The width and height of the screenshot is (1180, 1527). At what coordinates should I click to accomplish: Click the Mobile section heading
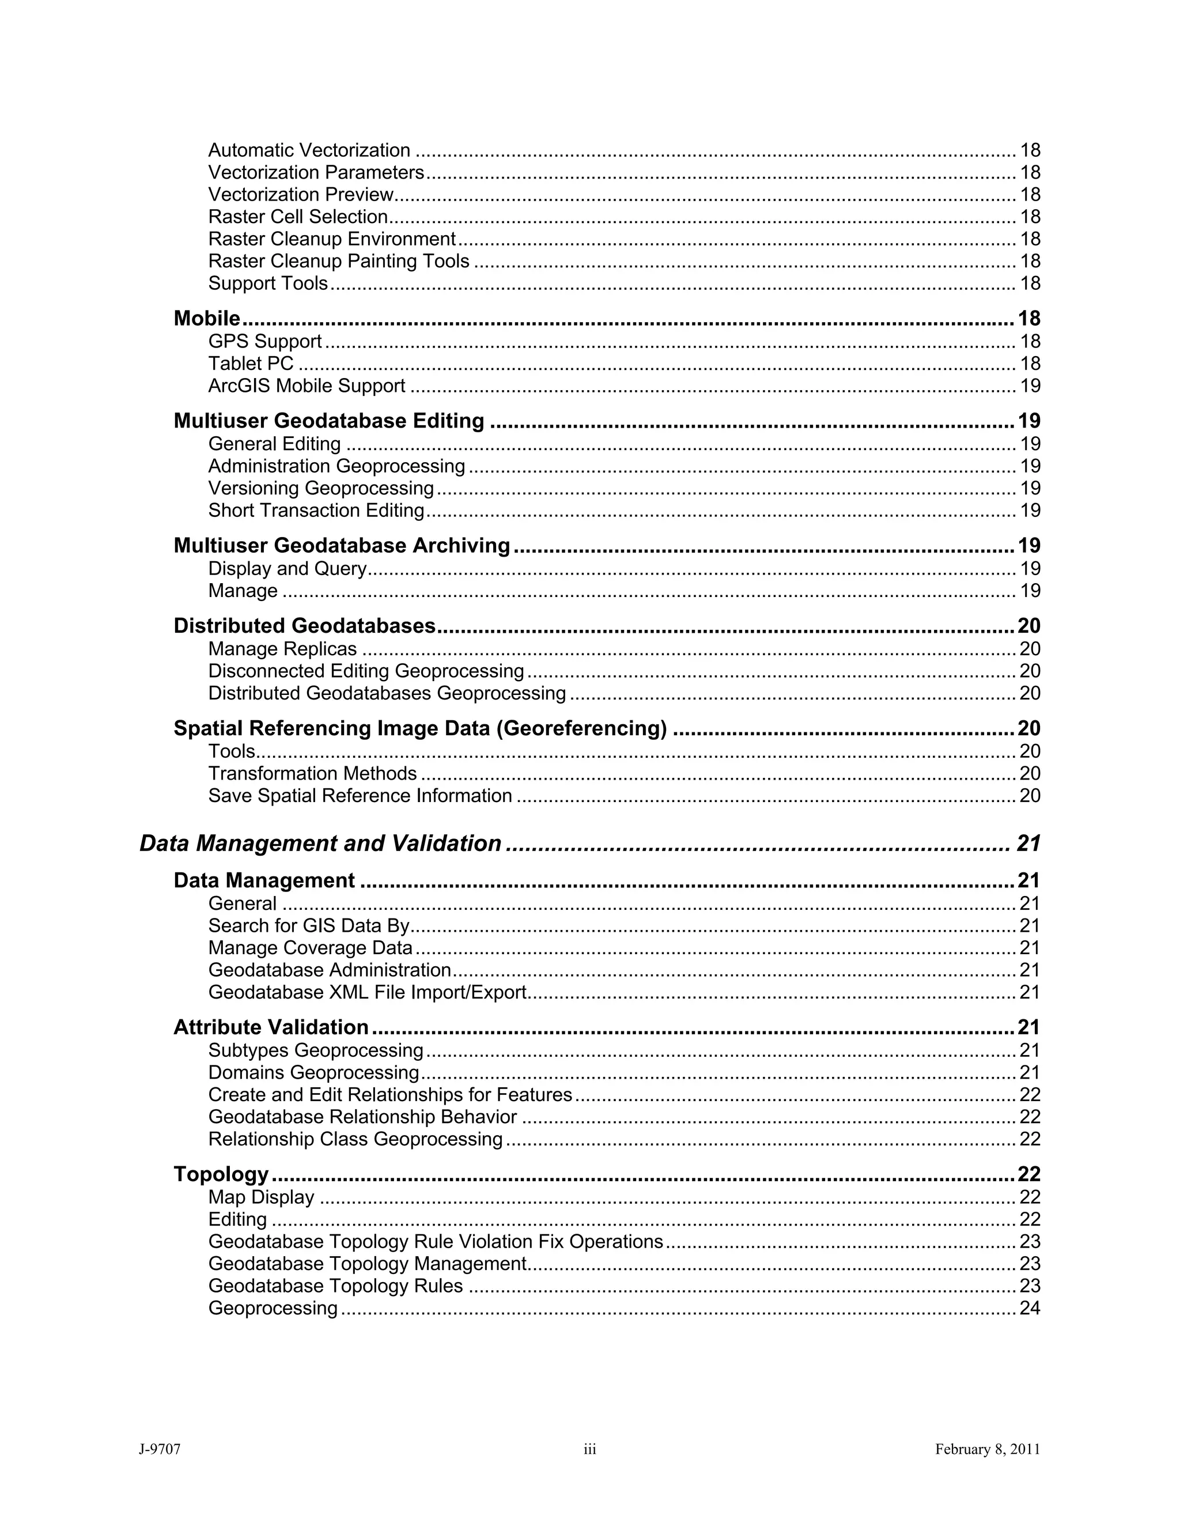coord(207,319)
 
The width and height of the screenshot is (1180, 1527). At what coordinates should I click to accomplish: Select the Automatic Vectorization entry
coord(309,150)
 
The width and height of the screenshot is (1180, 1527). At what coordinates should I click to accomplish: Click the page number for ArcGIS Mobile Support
coord(1030,386)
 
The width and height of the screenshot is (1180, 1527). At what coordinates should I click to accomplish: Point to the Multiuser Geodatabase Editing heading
coord(328,421)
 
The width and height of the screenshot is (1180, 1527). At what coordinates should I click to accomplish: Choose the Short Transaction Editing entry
coord(316,511)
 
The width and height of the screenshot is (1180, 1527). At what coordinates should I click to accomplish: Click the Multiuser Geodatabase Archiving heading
coord(342,545)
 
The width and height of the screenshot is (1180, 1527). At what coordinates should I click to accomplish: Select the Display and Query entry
coord(288,568)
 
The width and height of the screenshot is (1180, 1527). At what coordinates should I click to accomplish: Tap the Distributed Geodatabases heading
coord(305,626)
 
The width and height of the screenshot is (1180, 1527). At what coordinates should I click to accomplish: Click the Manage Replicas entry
coord(282,649)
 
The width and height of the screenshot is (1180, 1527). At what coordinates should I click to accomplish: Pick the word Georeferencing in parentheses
coord(581,728)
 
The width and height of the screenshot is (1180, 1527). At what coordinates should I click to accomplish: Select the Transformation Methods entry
coord(312,773)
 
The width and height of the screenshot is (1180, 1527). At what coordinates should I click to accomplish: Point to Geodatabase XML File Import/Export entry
coord(367,992)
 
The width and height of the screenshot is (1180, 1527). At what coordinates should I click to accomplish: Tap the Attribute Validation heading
coord(271,1027)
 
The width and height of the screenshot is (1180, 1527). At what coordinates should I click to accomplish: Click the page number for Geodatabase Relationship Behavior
coord(1030,1117)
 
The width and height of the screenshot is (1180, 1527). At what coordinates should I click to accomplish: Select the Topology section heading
coord(221,1174)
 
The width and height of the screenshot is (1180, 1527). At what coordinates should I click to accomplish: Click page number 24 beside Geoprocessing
coord(1030,1308)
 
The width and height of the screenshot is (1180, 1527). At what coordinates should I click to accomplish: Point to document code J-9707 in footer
coord(160,1449)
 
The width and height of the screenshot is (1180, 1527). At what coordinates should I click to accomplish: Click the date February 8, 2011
coord(987,1449)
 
